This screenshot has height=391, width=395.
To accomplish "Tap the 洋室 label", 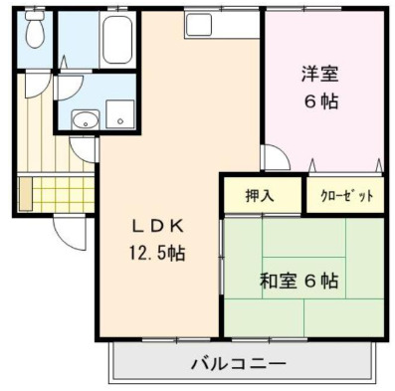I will pos(321,73).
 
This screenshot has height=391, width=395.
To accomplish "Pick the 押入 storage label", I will pos(261,195).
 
